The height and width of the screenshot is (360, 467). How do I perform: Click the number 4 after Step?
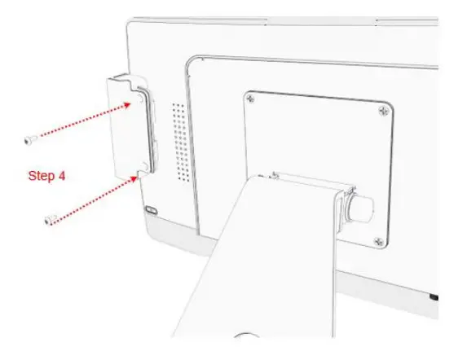(x=62, y=175)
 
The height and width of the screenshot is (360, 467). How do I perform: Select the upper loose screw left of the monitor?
(x=30, y=140)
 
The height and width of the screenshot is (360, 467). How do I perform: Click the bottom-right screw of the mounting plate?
(x=377, y=239)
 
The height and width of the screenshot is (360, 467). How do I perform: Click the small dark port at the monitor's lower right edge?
(x=434, y=296)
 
